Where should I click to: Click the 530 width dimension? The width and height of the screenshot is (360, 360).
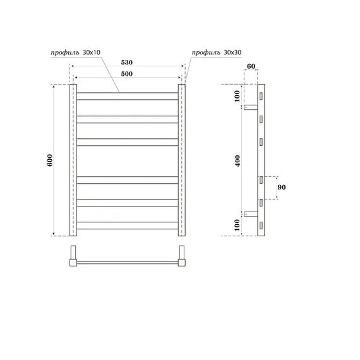[x=127, y=63]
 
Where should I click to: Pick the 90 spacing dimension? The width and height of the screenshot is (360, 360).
[x=282, y=187]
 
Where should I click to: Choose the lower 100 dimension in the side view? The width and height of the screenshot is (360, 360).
[x=237, y=224]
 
